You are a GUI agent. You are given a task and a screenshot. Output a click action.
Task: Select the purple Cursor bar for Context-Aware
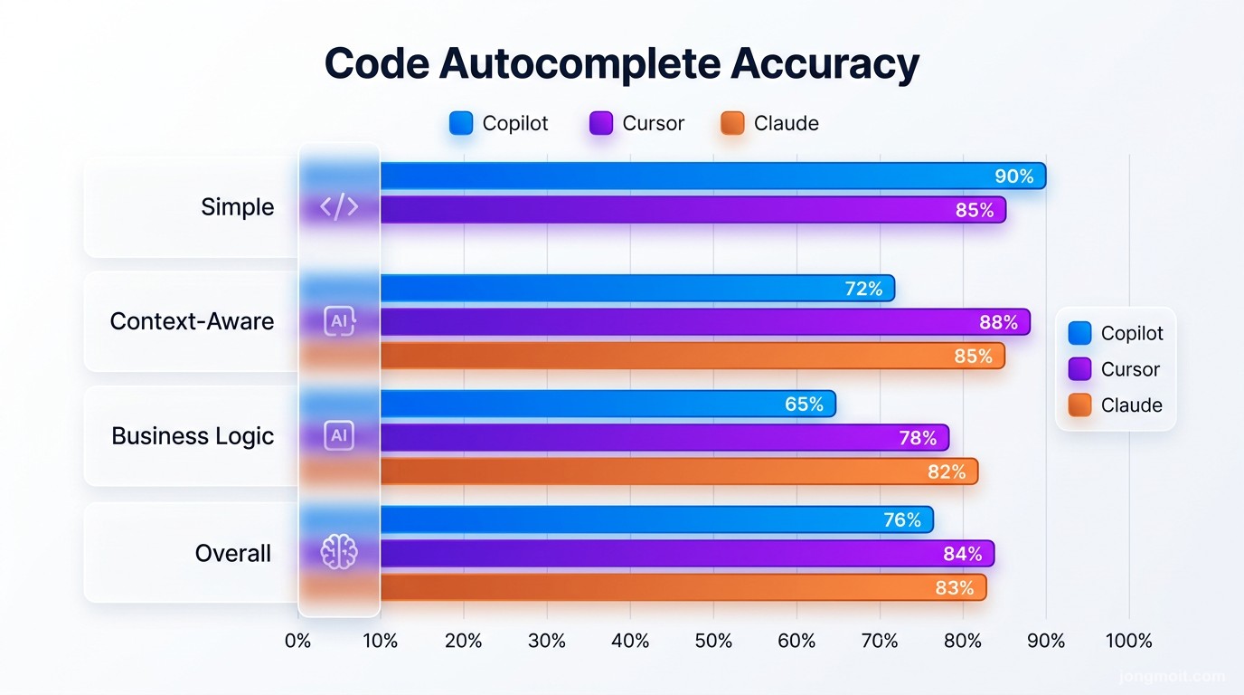(x=704, y=322)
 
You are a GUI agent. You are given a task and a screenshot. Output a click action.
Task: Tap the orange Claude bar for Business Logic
(x=678, y=471)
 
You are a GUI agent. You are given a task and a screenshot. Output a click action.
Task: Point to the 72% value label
(x=863, y=289)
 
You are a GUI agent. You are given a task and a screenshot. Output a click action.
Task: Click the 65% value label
(x=804, y=405)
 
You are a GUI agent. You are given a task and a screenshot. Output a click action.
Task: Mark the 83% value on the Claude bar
(x=955, y=588)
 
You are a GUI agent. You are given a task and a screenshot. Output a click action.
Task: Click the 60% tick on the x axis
(x=796, y=642)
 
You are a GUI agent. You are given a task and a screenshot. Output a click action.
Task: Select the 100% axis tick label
(x=1128, y=642)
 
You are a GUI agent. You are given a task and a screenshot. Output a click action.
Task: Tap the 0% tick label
(x=297, y=642)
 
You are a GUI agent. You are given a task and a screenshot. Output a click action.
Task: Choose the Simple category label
(x=237, y=207)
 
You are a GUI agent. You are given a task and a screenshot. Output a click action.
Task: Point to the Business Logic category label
(x=193, y=436)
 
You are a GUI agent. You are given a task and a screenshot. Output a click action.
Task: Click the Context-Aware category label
(x=192, y=321)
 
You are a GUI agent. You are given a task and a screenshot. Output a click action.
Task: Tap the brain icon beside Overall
(x=339, y=552)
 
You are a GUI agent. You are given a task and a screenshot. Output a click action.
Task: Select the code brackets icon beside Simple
(x=339, y=207)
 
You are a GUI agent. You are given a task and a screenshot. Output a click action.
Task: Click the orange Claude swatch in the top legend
(x=732, y=124)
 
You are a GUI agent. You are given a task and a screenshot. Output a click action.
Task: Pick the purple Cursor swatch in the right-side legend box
(x=1080, y=369)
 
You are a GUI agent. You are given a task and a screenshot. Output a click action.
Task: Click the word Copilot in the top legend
(x=515, y=124)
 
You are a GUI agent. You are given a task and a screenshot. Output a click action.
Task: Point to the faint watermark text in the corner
(x=1172, y=676)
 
